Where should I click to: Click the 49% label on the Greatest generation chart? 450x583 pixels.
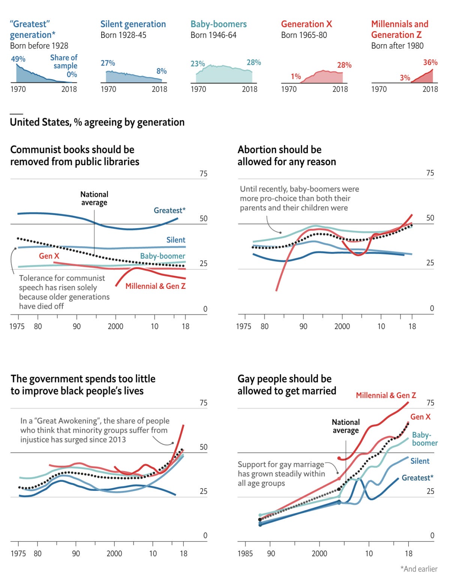coord(18,59)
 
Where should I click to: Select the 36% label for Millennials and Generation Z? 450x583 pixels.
coord(430,63)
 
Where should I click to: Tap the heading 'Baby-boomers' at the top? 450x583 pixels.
coord(219,24)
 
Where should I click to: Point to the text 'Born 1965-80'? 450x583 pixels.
coord(304,35)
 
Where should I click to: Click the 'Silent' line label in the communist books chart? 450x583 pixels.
coord(175,240)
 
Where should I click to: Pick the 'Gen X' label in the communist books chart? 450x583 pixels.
coord(49,256)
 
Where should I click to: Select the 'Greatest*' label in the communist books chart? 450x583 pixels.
coord(169,211)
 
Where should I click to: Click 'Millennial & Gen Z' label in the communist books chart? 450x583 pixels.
coord(155,286)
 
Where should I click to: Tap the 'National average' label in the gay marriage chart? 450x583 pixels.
coord(346,426)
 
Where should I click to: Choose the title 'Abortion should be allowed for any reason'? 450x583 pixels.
coord(286,155)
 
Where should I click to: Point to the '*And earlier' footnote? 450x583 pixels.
coord(418,569)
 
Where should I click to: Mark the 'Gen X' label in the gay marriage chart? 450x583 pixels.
coord(420,417)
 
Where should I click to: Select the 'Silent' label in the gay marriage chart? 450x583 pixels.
coord(420,461)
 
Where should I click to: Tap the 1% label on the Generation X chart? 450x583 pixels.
coord(296,76)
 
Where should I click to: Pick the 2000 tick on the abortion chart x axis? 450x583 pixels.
coord(342,326)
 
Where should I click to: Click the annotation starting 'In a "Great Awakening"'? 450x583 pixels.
coord(94,430)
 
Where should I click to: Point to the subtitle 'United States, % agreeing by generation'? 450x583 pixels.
coord(97,123)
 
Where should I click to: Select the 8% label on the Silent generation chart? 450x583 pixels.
coord(162,71)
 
